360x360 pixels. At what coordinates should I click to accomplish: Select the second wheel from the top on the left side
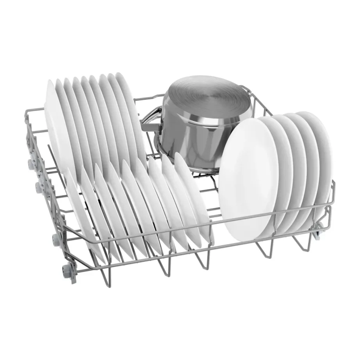[x=39, y=187]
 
